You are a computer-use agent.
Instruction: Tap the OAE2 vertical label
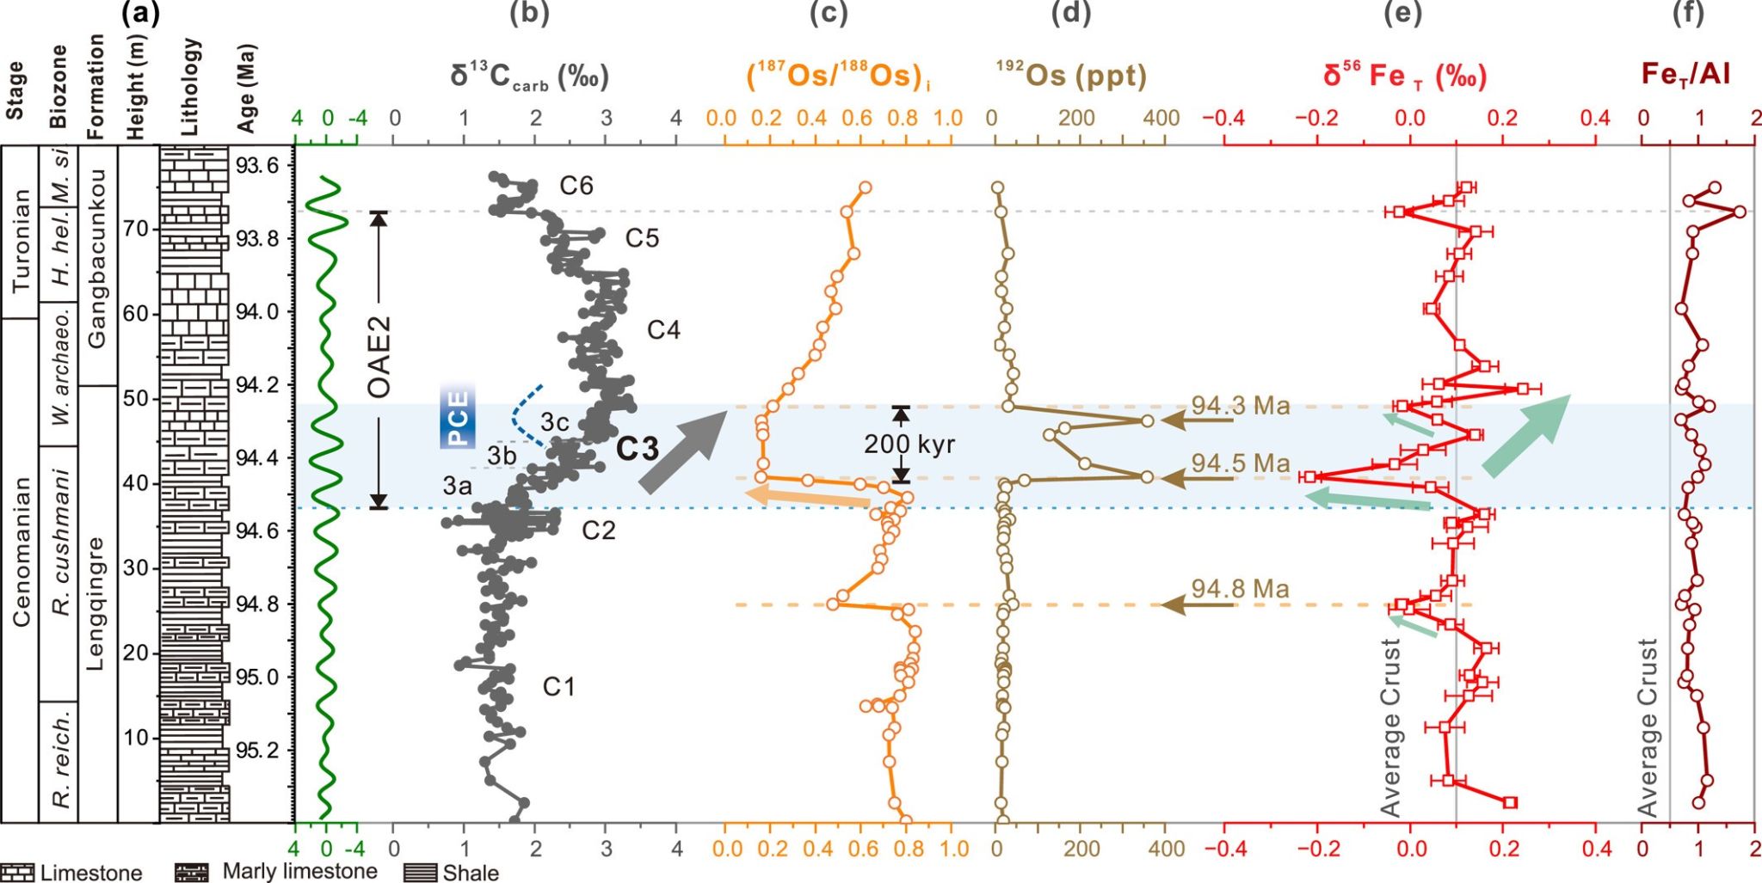(x=379, y=358)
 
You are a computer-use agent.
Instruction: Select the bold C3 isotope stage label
(x=638, y=448)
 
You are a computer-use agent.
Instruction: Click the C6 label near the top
(x=576, y=186)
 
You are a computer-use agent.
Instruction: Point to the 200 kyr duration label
(x=909, y=444)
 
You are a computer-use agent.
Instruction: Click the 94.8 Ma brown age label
(x=1240, y=589)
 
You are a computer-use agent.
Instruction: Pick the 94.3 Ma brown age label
(x=1240, y=406)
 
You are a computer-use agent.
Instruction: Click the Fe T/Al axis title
(x=1685, y=75)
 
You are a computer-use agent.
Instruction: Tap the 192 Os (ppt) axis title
(x=1071, y=76)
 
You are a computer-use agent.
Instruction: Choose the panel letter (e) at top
(x=1402, y=13)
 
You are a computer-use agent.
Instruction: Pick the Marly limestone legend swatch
(x=191, y=873)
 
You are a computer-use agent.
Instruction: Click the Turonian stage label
(x=21, y=240)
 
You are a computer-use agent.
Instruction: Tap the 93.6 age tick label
(x=256, y=165)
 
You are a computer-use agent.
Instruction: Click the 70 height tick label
(x=136, y=230)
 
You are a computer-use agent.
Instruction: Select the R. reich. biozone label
(x=60, y=760)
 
